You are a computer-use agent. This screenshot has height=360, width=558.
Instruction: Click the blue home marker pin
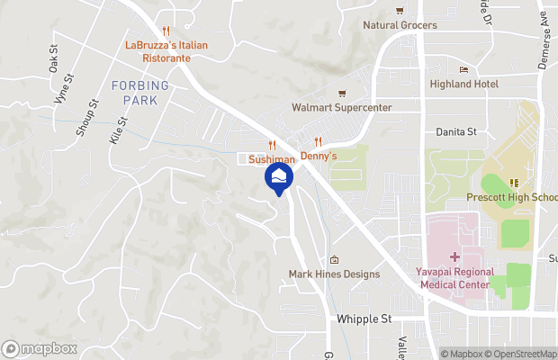click(280, 177)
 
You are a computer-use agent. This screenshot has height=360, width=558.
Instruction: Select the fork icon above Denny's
click(318, 141)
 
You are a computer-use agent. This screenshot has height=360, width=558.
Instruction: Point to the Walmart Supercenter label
click(342, 108)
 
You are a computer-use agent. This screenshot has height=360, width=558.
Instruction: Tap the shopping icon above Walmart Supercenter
click(341, 94)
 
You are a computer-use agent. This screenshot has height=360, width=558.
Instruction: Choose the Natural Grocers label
click(400, 25)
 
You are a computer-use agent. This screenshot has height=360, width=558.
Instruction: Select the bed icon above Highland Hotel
click(464, 69)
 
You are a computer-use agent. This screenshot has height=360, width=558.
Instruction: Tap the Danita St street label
click(456, 131)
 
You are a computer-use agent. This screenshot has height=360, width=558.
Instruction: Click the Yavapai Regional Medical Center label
click(456, 278)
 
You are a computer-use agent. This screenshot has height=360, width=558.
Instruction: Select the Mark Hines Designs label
click(334, 274)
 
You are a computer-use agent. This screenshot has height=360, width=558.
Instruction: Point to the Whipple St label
click(364, 319)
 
